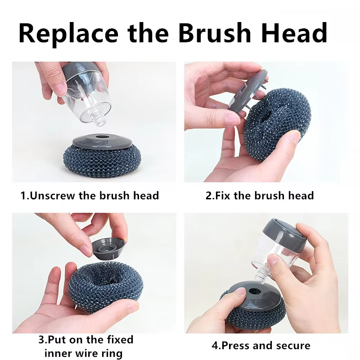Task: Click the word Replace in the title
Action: (x=68, y=34)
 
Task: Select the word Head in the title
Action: (x=294, y=33)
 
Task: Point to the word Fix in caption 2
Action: (x=222, y=196)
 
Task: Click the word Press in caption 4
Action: (x=235, y=345)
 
